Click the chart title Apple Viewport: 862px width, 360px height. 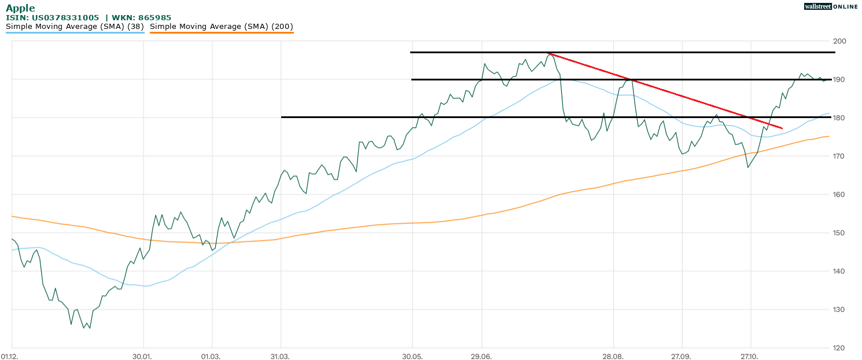coord(20,8)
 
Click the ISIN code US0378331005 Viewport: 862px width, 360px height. coord(65,18)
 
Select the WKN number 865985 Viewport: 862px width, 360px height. coord(154,18)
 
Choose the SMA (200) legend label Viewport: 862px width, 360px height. coord(222,27)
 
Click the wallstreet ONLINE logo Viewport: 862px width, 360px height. coord(831,6)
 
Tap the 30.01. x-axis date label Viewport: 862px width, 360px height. coord(142,356)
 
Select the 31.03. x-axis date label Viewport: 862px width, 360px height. coord(280,356)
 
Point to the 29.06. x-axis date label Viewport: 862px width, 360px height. coord(481,356)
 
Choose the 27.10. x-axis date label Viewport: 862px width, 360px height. coord(750,356)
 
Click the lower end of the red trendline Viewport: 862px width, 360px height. coord(782,128)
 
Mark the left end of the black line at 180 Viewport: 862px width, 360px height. coord(282,117)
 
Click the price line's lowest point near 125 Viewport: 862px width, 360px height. coord(84,328)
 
